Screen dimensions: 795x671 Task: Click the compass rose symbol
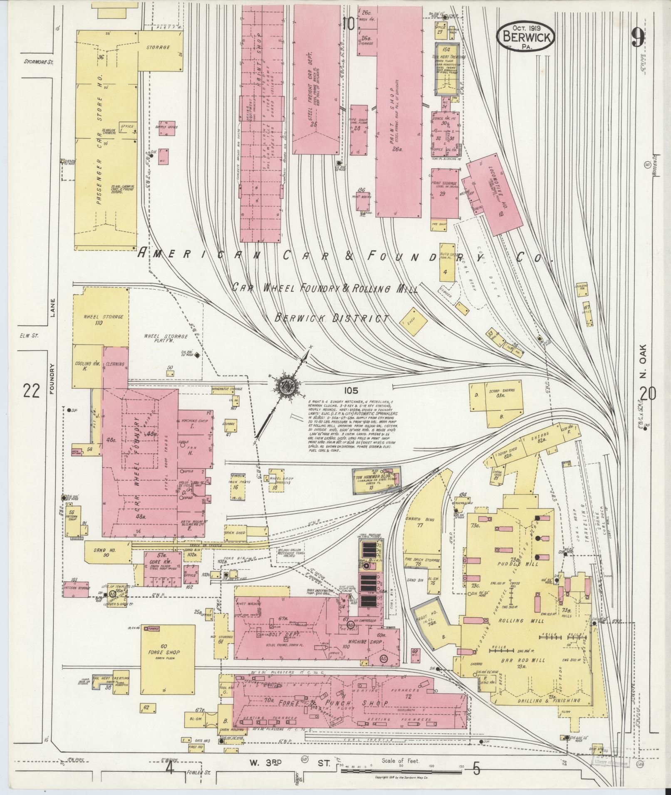[x=286, y=386]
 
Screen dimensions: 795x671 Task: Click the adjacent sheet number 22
[x=31, y=391]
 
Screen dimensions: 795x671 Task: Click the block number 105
[x=351, y=390]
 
